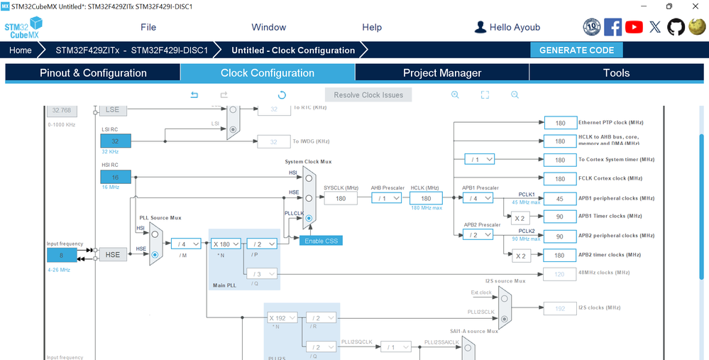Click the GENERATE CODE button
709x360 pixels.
click(576, 50)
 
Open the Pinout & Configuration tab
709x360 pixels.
click(93, 73)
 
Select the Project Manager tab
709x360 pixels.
click(442, 73)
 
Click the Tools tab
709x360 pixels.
click(616, 73)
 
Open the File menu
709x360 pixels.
click(148, 27)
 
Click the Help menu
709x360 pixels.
click(372, 27)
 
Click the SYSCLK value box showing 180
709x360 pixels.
click(341, 199)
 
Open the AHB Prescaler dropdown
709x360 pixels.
click(387, 199)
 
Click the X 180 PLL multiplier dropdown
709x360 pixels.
click(226, 244)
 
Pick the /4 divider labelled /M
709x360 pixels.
click(186, 244)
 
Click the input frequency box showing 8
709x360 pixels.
click(62, 255)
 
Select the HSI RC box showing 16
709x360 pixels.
click(116, 177)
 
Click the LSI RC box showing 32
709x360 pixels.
click(116, 141)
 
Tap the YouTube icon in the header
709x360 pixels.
click(634, 27)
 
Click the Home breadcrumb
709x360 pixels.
click(21, 50)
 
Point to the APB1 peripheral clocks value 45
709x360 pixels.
click(560, 199)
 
